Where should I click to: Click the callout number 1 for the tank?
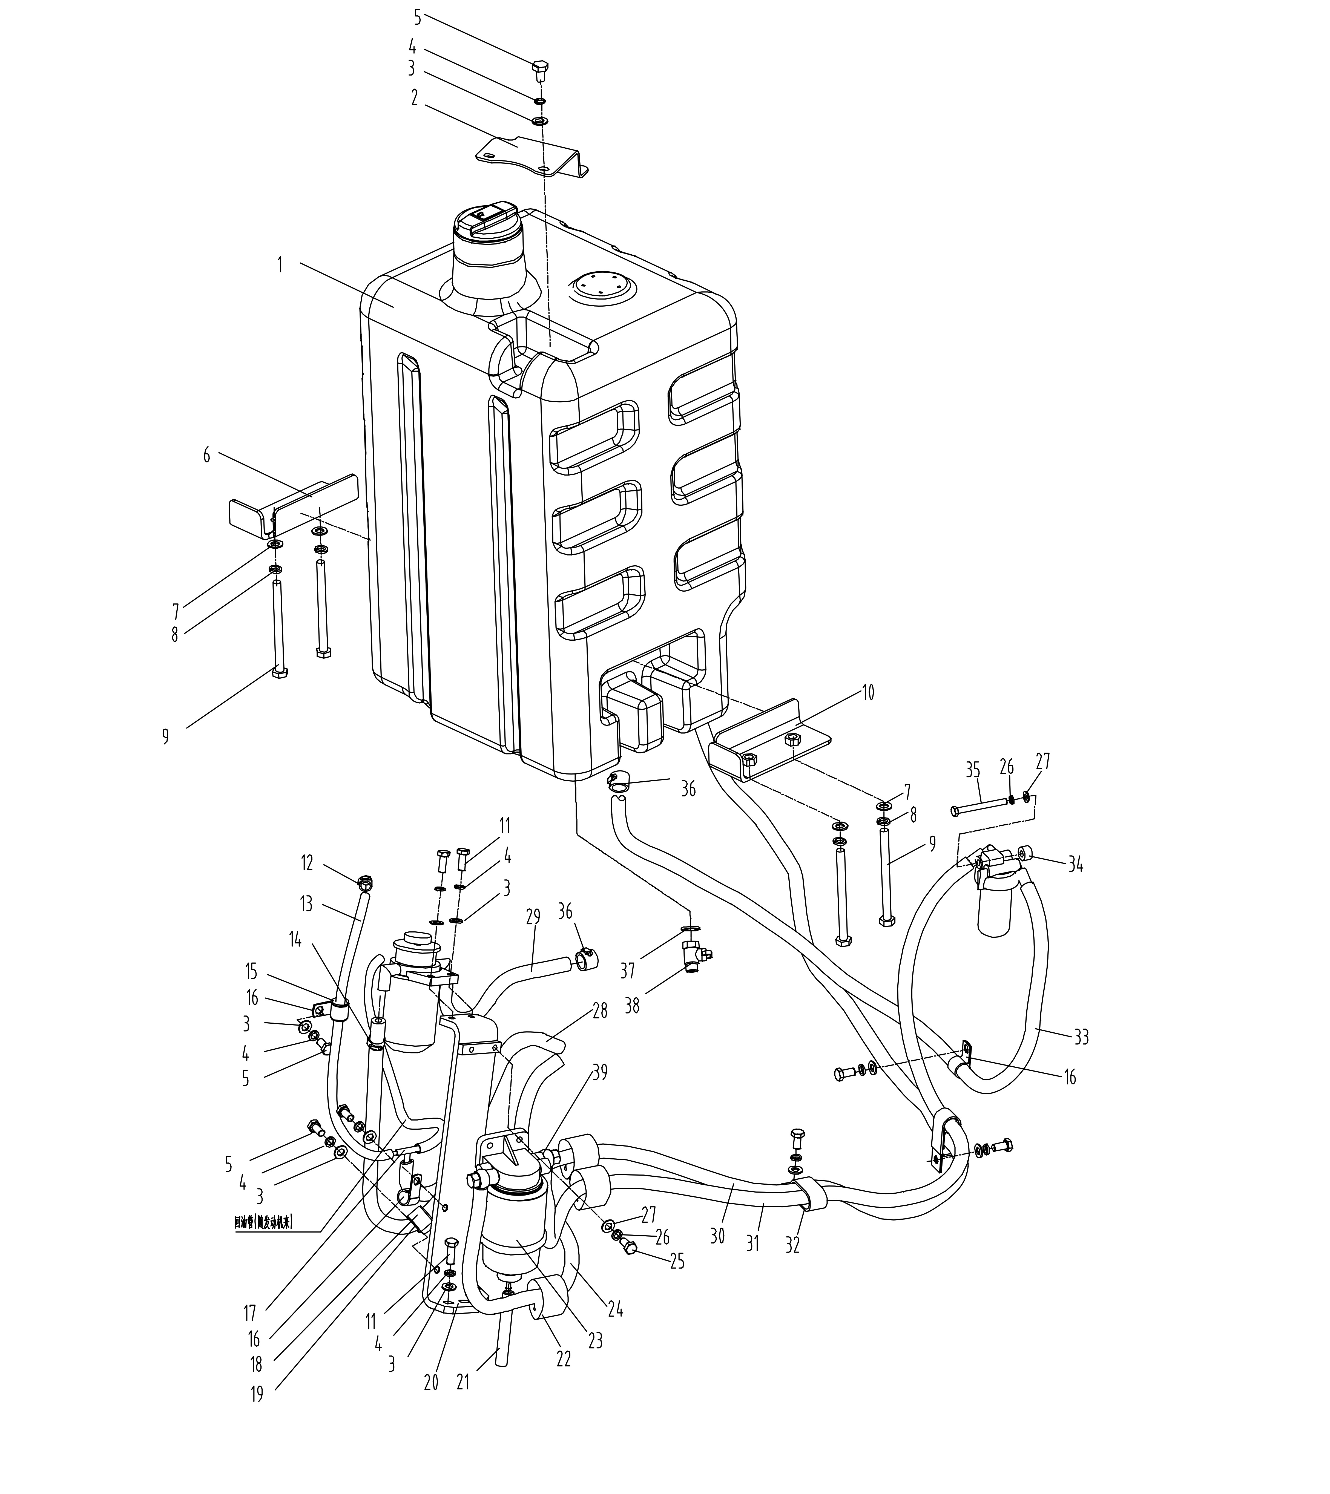280,264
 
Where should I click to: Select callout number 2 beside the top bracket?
415,97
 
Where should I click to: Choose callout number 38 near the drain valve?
632,1006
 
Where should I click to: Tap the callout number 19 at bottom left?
257,1414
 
